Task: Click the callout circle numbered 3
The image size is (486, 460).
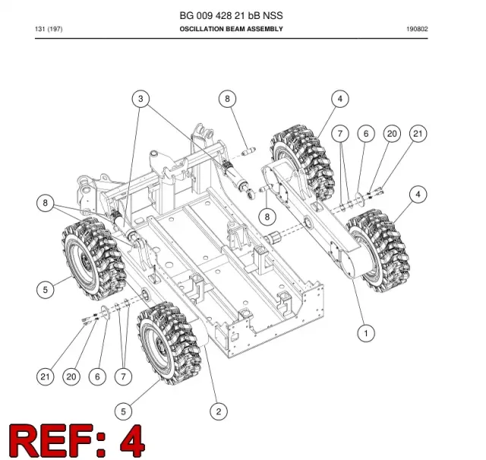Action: coord(140,99)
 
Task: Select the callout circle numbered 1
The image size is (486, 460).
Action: coord(366,333)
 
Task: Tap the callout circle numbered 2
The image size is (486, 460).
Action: coord(219,411)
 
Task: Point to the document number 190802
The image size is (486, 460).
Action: coord(417,29)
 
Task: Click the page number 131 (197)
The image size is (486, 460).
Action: coord(49,29)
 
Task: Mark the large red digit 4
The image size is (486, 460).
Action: coord(132,441)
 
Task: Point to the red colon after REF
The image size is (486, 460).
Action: coord(101,445)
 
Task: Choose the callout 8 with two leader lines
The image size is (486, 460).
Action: coord(46,203)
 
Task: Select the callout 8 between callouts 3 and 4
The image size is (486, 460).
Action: coord(227,99)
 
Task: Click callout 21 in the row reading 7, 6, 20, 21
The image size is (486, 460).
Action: coord(418,134)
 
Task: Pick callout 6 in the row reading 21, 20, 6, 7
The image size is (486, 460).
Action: coord(97,377)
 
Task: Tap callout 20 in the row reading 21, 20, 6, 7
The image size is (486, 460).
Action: coord(71,377)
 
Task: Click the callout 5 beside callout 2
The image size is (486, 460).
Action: coord(123,411)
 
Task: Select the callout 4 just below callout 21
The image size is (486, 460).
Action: coord(418,194)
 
